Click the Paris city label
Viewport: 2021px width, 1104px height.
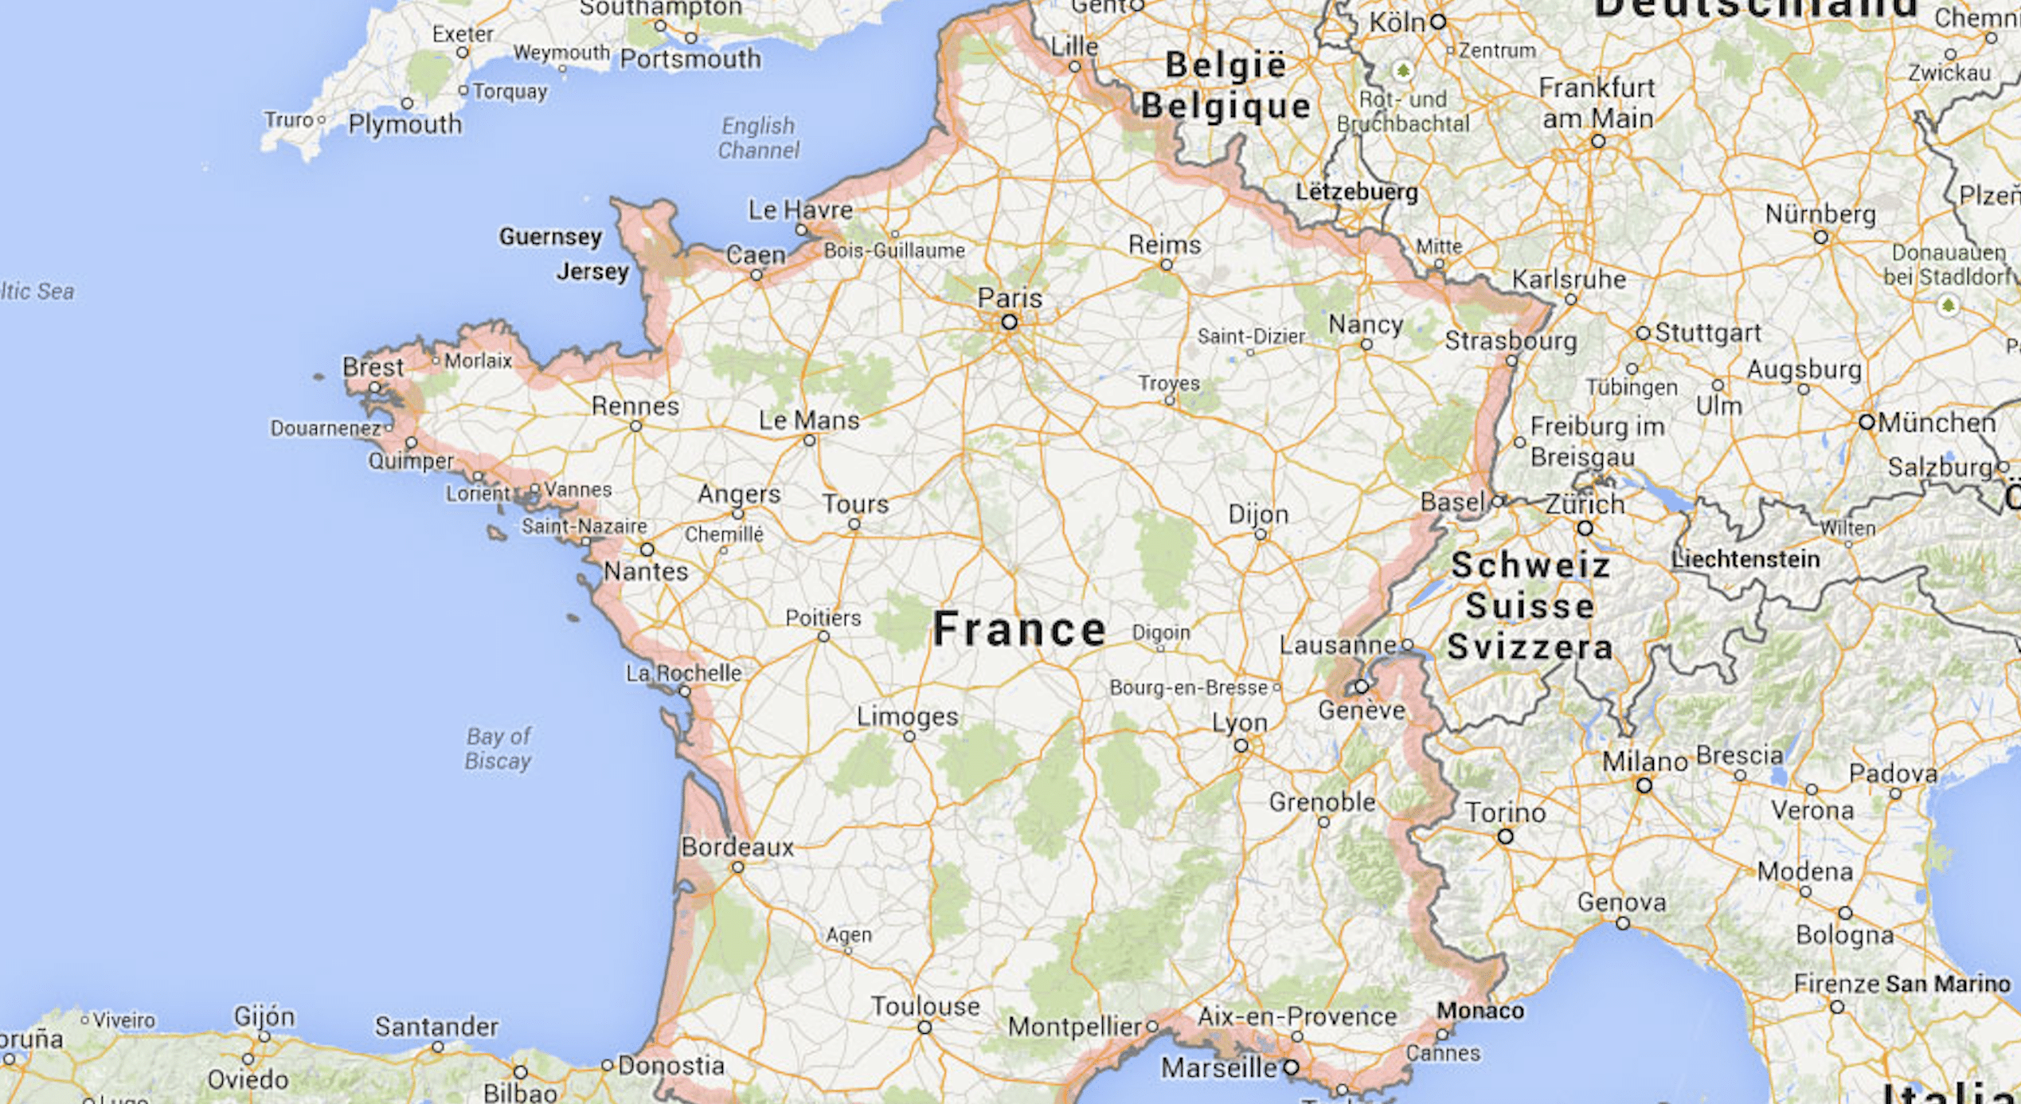click(1010, 299)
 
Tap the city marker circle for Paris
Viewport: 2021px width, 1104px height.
click(1009, 323)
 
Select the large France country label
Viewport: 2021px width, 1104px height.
click(1019, 629)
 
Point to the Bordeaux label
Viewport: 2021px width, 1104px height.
click(737, 847)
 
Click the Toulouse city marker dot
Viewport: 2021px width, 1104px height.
click(924, 1028)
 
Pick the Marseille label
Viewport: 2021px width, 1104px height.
click(1218, 1067)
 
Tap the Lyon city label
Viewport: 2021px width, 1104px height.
click(1239, 722)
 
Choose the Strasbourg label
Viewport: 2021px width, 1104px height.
click(1511, 341)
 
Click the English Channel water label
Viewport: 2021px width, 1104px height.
click(758, 138)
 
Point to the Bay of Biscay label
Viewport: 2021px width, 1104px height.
click(498, 749)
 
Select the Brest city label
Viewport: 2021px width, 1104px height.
click(373, 367)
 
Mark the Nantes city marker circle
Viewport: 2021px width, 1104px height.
click(647, 550)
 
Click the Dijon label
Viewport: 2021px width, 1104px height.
click(1258, 515)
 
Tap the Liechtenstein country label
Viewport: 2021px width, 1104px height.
click(1745, 559)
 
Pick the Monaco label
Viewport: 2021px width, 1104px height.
click(1480, 1011)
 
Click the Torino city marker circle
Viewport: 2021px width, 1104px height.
click(1505, 836)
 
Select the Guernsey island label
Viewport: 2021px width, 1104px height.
click(550, 237)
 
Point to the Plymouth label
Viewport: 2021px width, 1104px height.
click(405, 124)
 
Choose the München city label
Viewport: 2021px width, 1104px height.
click(1937, 422)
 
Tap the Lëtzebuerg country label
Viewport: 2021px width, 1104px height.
click(1357, 192)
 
